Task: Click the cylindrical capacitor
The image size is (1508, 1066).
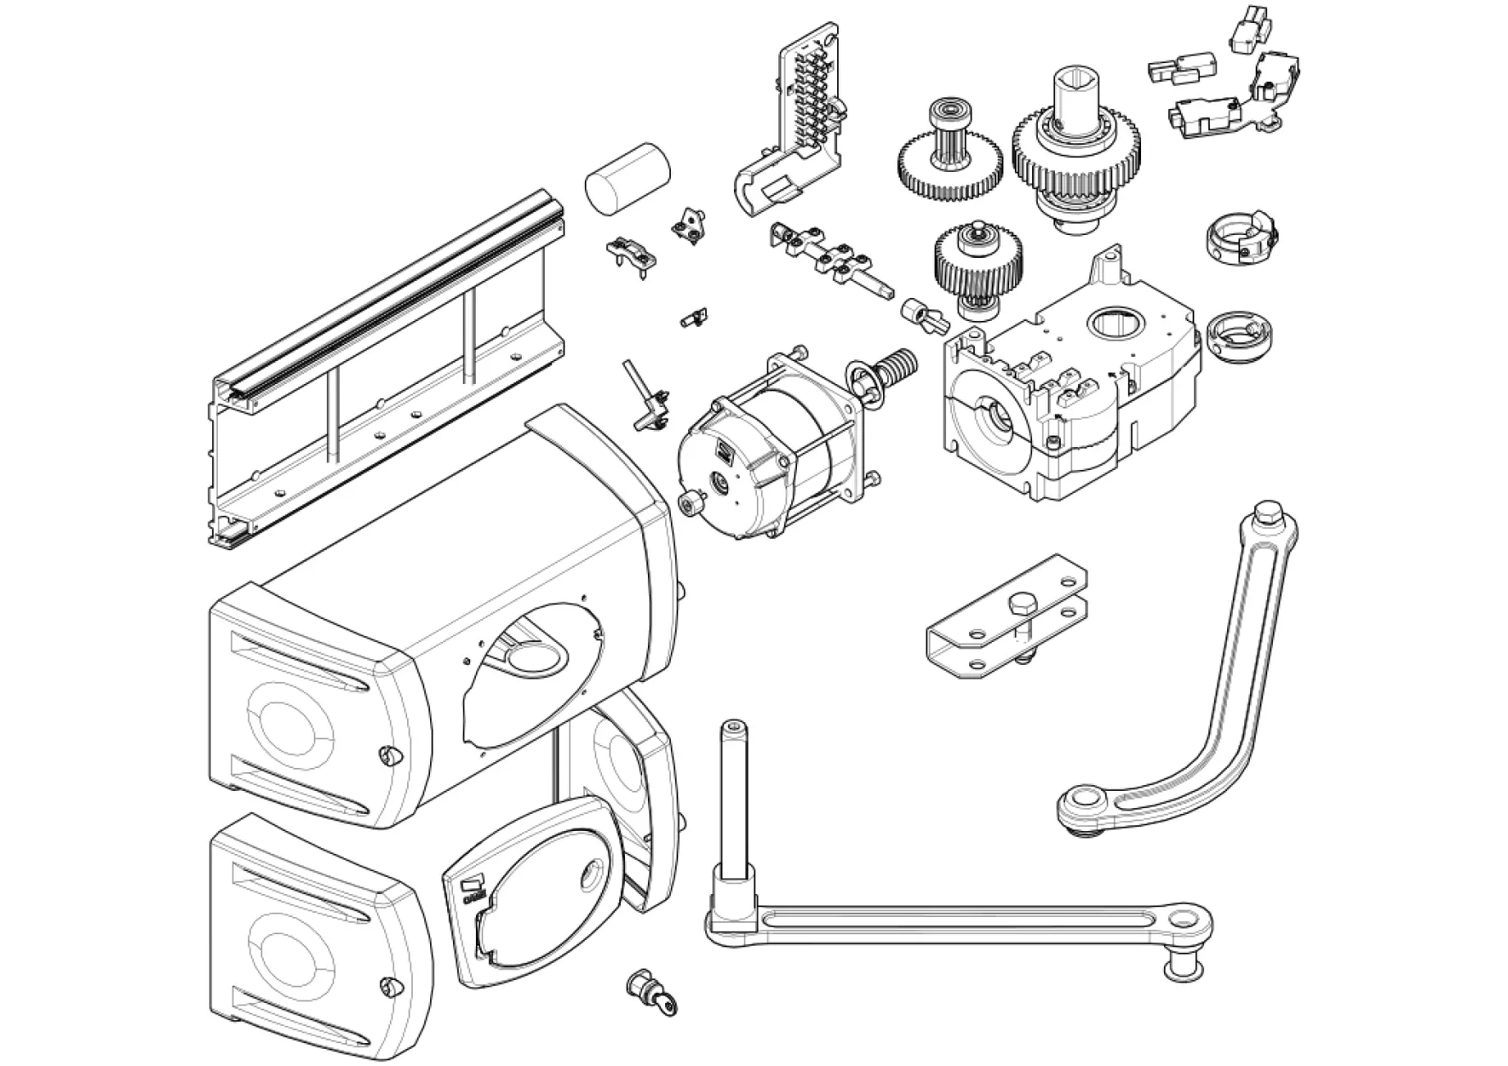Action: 627,180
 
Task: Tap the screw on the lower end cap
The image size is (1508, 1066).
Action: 387,987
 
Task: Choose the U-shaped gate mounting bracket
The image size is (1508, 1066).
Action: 1008,626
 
